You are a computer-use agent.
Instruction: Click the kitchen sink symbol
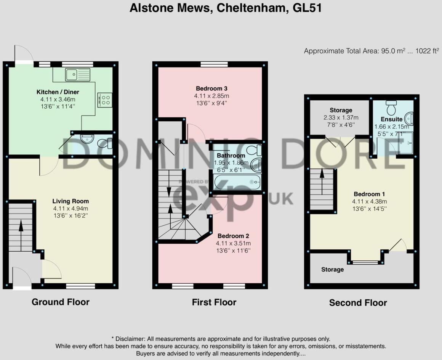pyautogui.click(x=78, y=74)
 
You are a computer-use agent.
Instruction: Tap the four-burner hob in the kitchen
pyautogui.click(x=104, y=100)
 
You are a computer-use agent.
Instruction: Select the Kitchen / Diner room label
pyautogui.click(x=58, y=92)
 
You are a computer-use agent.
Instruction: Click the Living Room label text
pyautogui.click(x=70, y=201)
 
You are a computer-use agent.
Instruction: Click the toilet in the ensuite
pyautogui.click(x=391, y=108)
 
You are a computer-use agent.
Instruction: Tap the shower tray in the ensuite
pyautogui.click(x=405, y=143)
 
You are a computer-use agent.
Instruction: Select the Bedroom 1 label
pyautogui.click(x=367, y=194)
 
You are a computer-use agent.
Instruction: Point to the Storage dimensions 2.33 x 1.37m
pyautogui.click(x=341, y=117)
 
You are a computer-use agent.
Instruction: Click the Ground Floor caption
pyautogui.click(x=60, y=302)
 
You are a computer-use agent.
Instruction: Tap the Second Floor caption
pyautogui.click(x=358, y=303)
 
